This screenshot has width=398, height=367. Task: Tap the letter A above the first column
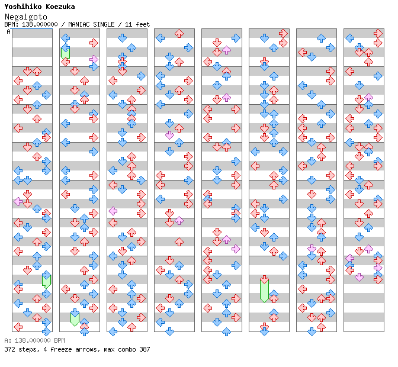tap(8, 32)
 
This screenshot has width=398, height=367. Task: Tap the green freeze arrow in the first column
tap(46, 280)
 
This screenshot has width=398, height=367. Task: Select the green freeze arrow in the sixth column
tap(264, 289)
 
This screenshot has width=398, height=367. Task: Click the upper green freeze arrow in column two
tap(65, 52)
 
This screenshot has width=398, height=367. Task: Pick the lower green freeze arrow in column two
tap(75, 317)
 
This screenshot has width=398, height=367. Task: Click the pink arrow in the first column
tap(18, 201)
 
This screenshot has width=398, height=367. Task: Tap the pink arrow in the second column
tap(94, 59)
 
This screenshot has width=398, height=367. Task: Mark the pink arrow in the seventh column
tap(312, 249)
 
